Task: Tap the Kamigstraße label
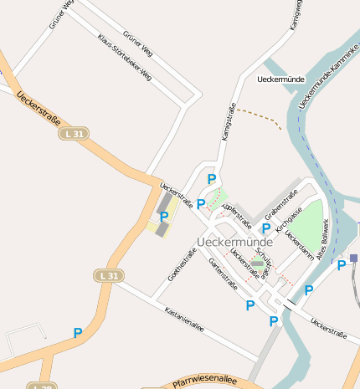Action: [225, 120]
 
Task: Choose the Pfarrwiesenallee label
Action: [204, 382]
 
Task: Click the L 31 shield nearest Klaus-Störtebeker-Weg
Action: [75, 134]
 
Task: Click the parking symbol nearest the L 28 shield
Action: [78, 333]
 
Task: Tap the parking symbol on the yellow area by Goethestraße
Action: [164, 217]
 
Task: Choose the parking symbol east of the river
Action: [342, 265]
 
